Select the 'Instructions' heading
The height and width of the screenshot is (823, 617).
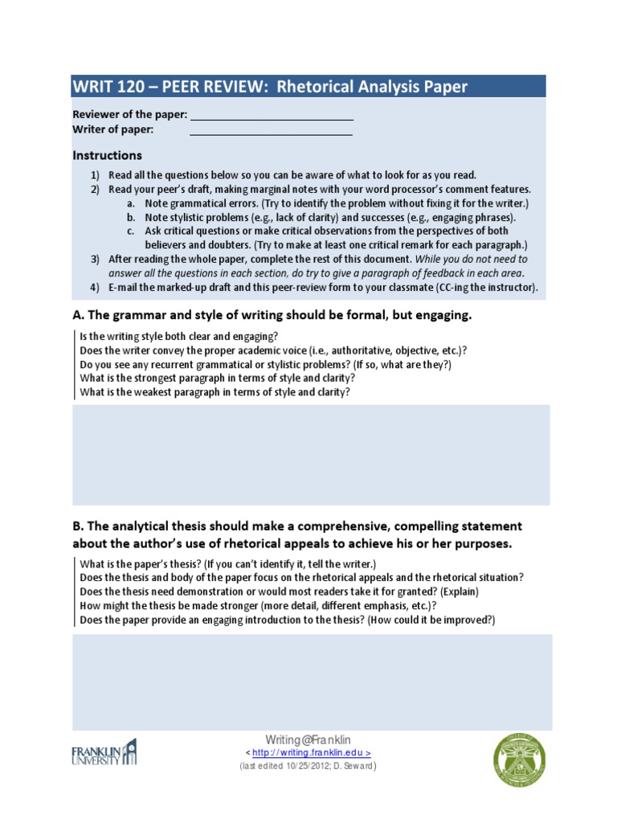(x=107, y=155)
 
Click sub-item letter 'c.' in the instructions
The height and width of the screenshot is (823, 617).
(x=130, y=231)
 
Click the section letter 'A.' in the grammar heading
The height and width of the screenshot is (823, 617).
(x=79, y=316)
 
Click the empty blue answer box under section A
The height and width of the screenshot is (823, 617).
(x=310, y=455)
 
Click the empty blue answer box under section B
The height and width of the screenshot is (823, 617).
(x=310, y=682)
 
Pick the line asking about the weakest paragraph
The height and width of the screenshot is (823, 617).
(x=215, y=392)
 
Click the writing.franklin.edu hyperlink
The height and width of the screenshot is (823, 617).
(x=311, y=753)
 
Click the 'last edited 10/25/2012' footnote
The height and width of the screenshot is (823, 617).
(x=308, y=766)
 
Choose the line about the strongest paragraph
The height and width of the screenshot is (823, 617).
(x=218, y=378)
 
